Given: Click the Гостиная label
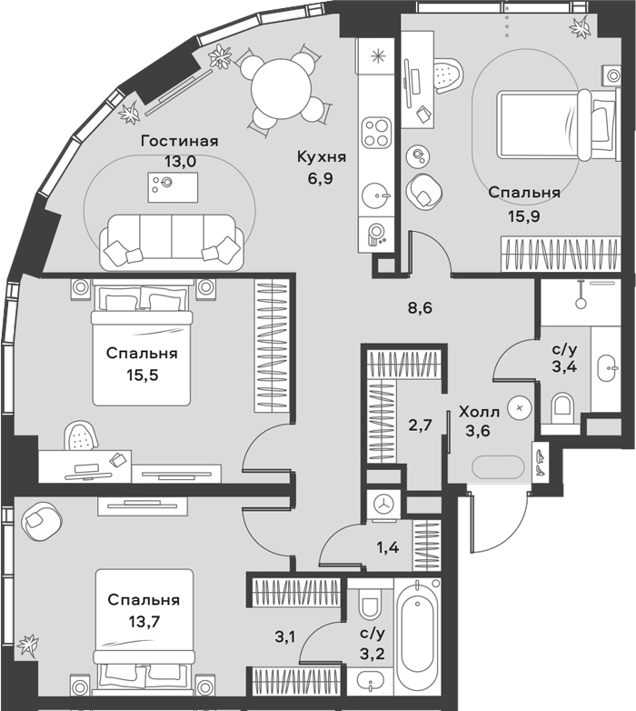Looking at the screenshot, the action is (179, 142).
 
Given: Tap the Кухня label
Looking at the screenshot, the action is (321, 157).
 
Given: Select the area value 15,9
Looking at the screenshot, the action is (523, 216).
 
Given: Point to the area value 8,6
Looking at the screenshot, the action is (420, 308).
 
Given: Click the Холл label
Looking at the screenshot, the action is (479, 412).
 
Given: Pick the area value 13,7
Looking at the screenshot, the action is (144, 621).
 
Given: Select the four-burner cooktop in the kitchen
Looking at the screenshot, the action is (376, 132).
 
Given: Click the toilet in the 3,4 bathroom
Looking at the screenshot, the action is (561, 406).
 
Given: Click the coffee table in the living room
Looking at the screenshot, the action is (173, 187).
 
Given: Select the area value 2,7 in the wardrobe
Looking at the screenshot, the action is (420, 426).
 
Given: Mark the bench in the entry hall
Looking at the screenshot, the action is (498, 466).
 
